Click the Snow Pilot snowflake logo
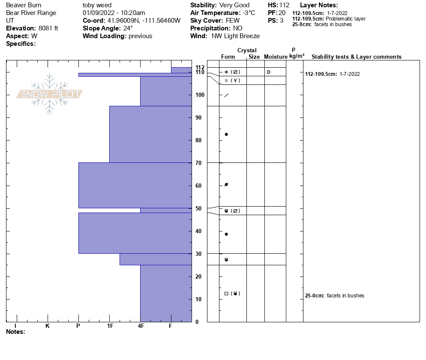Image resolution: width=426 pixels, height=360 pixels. [x=50, y=94]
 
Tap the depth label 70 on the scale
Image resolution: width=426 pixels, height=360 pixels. [x=199, y=163]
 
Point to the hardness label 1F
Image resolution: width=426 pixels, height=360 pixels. [x=110, y=326]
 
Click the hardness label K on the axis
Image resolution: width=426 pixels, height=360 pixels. [x=47, y=326]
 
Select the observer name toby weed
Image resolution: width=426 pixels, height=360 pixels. [x=97, y=5]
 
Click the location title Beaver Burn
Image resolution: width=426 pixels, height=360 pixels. [x=24, y=5]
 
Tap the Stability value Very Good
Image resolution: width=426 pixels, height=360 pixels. [x=234, y=5]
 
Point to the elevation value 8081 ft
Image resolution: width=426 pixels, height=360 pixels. [x=48, y=28]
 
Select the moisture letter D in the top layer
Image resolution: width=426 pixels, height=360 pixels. [x=269, y=72]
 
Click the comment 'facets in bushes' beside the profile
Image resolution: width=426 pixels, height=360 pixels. [x=345, y=296]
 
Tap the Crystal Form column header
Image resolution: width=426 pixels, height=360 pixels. [x=228, y=57]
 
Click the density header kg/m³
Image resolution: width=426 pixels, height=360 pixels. [x=297, y=56]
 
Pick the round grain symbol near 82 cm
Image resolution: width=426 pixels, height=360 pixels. [x=226, y=135]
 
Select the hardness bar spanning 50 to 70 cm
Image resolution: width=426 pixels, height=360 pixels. [x=135, y=185]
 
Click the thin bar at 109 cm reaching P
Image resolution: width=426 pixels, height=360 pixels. [x=135, y=75]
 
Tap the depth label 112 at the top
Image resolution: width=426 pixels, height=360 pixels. [x=200, y=67]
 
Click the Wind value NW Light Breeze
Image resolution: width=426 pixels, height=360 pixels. [x=235, y=36]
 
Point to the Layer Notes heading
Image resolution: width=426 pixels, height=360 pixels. [x=319, y=5]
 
